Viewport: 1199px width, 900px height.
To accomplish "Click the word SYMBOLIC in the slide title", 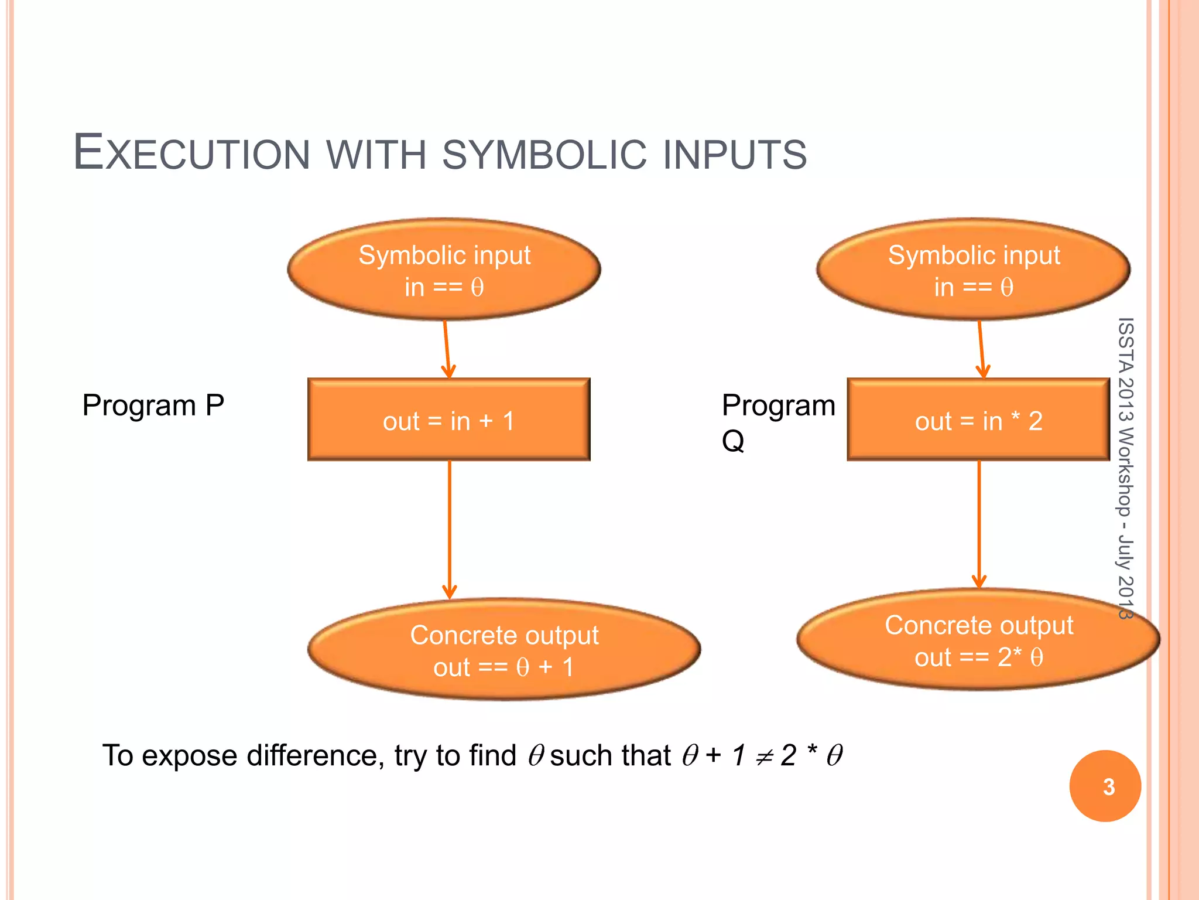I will click(x=544, y=155).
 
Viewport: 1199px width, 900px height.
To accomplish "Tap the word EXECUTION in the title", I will click(x=191, y=154).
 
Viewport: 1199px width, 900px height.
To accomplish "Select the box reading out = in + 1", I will click(x=448, y=420).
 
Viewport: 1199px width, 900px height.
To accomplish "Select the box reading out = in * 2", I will click(x=978, y=420).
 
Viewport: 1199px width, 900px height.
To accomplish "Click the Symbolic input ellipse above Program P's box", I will click(x=444, y=270).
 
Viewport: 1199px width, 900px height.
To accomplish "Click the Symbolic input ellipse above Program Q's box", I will click(x=973, y=270).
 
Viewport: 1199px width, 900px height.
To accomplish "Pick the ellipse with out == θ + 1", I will click(x=503, y=650).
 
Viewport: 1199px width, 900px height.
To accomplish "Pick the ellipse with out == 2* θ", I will click(x=978, y=640).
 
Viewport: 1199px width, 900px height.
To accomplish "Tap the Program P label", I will click(x=153, y=405).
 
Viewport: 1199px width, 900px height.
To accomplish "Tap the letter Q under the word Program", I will click(x=733, y=441).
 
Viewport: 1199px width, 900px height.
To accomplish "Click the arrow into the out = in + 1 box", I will click(x=447, y=349).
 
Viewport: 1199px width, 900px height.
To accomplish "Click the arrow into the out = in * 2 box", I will click(x=981, y=349).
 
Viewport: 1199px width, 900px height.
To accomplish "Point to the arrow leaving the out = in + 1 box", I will click(x=449, y=527).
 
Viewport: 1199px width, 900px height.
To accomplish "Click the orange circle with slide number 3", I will click(x=1105, y=786).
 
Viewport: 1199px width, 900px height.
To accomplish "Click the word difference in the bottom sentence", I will click(x=314, y=755).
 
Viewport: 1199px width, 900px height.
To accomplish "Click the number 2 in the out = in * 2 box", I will click(x=1035, y=421).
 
